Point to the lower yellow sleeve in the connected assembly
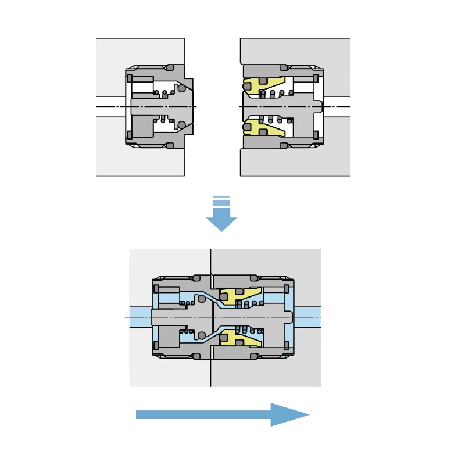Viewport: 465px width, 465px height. [239, 338]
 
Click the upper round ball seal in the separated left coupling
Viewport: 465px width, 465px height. [182, 88]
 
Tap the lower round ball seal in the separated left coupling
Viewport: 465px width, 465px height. [182, 125]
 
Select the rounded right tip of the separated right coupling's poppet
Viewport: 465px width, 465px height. [319, 107]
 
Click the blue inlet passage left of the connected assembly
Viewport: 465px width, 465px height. [140, 317]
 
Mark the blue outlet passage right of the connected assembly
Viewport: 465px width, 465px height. [307, 317]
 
